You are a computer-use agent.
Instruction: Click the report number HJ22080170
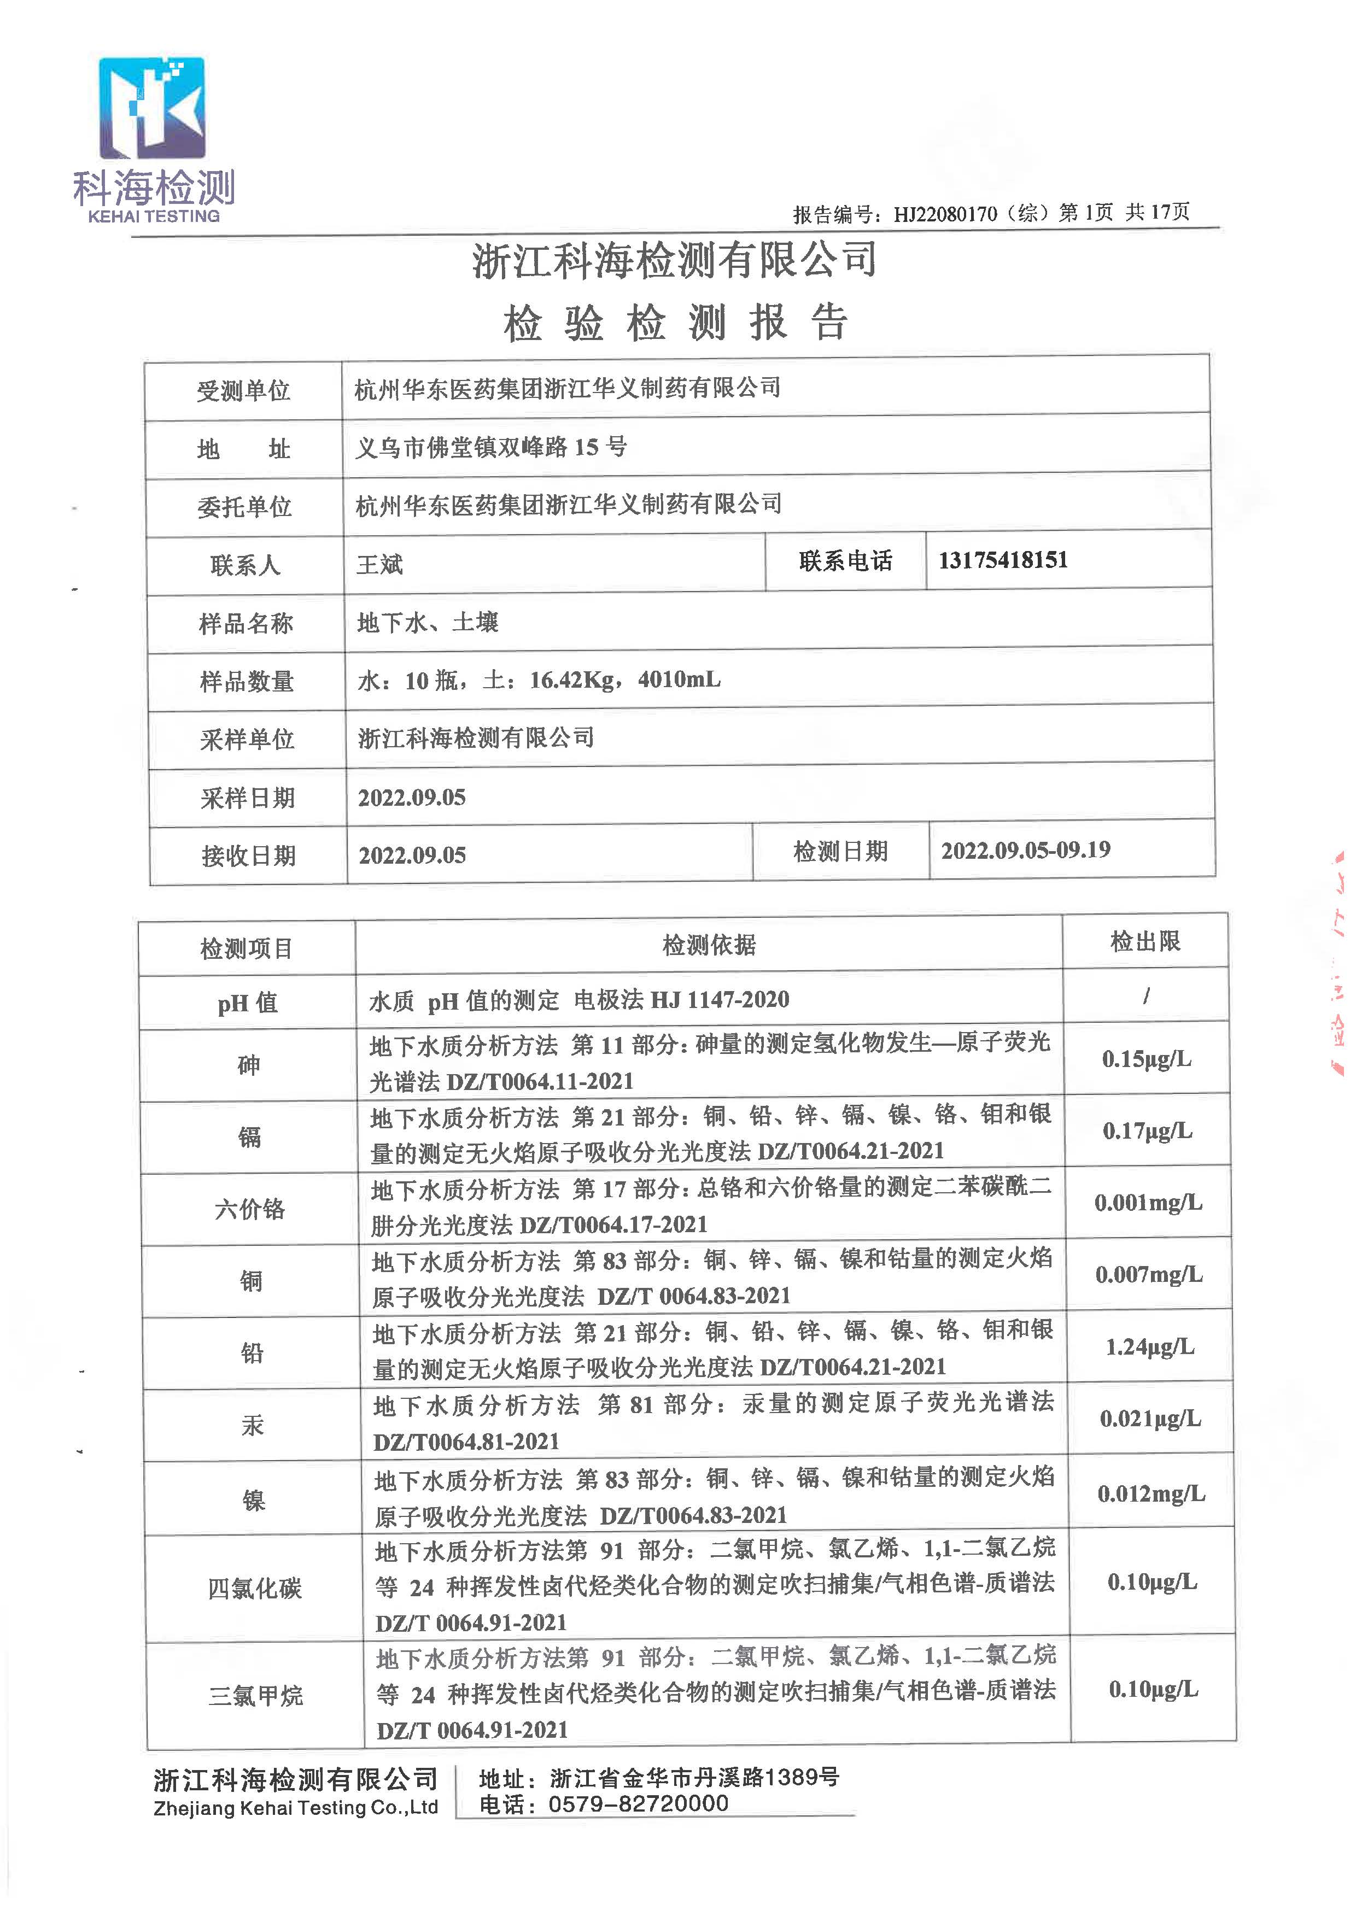(x=945, y=214)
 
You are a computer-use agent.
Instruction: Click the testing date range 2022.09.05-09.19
(x=1025, y=850)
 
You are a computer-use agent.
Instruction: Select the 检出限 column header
(x=1145, y=942)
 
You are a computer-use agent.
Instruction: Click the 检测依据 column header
(x=709, y=945)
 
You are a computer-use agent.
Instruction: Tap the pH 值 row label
(x=247, y=1002)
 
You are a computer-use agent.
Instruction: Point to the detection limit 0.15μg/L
(x=1147, y=1059)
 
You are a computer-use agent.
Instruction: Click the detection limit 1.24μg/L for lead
(x=1150, y=1346)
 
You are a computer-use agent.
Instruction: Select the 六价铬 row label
(x=250, y=1209)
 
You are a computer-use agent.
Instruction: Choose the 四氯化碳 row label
(x=255, y=1588)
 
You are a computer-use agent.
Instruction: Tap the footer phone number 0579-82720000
(x=638, y=1803)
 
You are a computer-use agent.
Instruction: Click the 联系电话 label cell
(x=845, y=560)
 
